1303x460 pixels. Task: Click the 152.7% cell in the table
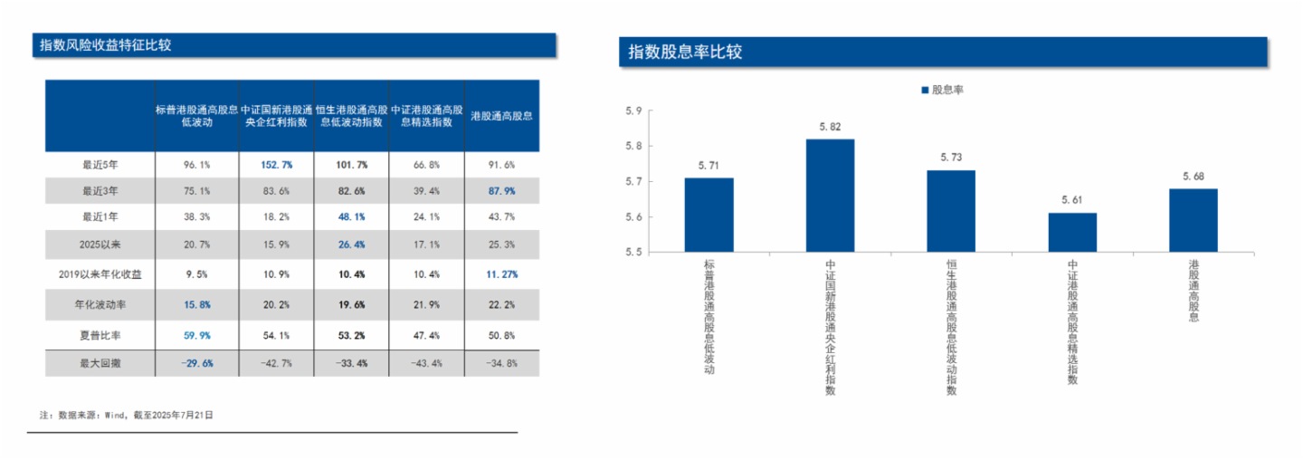coord(276,165)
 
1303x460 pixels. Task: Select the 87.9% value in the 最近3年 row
coord(501,191)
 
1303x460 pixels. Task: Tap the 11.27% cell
coord(501,273)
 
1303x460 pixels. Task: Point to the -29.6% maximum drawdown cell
coord(196,363)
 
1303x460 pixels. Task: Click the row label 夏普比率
coord(100,335)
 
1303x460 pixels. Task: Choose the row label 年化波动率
coord(100,305)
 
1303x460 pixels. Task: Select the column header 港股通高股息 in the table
coord(501,117)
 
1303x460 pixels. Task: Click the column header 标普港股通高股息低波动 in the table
coord(196,116)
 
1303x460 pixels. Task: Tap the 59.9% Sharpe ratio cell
coord(196,335)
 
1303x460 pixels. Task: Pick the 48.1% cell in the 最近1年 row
coord(351,218)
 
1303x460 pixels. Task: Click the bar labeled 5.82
coord(830,196)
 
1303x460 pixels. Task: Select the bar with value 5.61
coord(1072,233)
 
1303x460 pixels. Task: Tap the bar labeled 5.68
coord(1193,220)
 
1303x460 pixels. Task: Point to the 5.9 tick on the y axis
coord(633,111)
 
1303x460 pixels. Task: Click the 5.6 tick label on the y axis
coord(633,217)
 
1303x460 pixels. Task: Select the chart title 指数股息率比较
coord(686,53)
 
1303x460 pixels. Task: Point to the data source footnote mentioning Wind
coord(127,415)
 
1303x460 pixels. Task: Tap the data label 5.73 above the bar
coord(951,158)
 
